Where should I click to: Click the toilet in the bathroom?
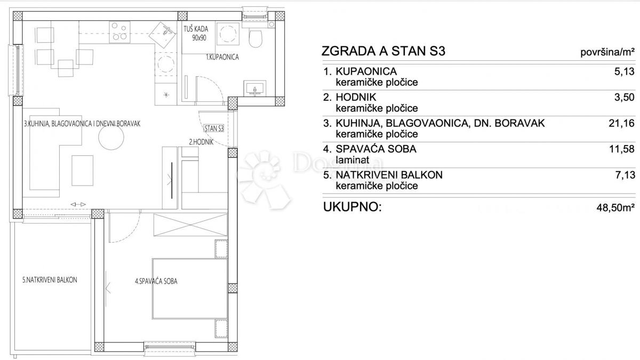255,38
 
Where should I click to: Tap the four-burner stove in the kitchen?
119,33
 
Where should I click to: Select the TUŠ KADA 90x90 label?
196,33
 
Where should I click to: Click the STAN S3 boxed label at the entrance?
214,129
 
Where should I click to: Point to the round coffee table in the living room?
111,137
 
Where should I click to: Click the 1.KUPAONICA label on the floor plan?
222,57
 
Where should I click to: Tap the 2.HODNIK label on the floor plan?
201,142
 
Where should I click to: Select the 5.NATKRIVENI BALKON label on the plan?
50,280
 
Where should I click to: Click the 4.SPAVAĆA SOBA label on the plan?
156,281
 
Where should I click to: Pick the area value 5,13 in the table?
625,71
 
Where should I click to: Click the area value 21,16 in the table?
621,123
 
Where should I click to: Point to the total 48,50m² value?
615,207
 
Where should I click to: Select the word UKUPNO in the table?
353,207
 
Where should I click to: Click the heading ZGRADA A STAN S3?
383,51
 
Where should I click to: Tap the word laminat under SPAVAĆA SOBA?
353,160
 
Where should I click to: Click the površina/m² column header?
607,52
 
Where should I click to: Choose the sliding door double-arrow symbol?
78,204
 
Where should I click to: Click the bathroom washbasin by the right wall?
255,89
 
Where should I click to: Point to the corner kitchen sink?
162,35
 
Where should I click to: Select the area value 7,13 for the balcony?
625,175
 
